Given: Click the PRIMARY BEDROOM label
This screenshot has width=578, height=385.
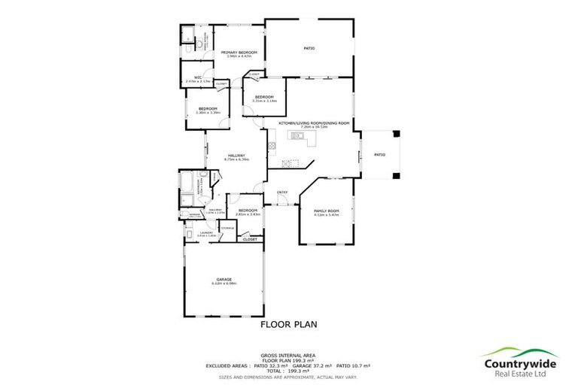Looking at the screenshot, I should pos(239,52).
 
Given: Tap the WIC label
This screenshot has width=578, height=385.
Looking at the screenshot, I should pos(197,77).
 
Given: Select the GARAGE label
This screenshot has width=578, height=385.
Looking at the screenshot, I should pos(225,279).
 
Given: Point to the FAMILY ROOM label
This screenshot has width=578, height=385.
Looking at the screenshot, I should pos(327,211).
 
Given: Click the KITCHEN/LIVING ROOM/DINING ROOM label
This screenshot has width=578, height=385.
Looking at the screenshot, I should pos(315,123).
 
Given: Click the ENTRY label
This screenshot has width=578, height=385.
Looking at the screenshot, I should pos(282,192).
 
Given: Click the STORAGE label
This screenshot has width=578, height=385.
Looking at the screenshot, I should pos(227,228).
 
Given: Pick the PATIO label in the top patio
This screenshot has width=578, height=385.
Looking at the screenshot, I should pos(309,49).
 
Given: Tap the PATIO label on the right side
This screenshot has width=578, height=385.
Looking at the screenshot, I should pos(380,154).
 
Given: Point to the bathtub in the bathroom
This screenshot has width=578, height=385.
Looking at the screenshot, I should pos(187,183).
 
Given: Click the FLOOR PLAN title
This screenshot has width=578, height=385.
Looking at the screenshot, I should pos(289,325).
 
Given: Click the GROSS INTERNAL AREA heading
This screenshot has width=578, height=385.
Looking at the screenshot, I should pos(288,354).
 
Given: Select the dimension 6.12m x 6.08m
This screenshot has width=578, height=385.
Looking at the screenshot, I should pos(225,283).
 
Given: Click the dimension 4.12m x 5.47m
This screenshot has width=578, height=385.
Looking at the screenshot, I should pos(327,215).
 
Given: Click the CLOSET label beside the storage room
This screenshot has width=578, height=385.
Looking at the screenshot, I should pos(249,239).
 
